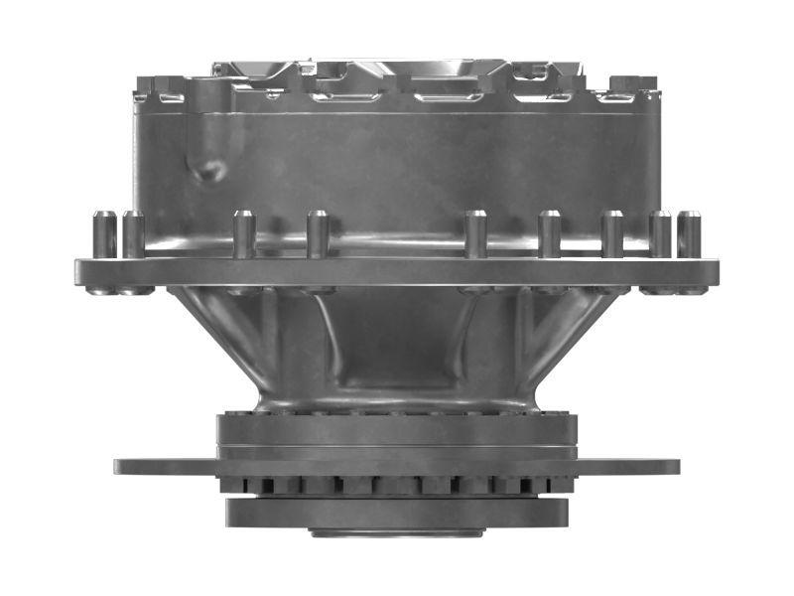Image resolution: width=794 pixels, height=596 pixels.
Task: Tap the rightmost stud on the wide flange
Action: (689, 235)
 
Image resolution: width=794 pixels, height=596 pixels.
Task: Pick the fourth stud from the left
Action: (318, 235)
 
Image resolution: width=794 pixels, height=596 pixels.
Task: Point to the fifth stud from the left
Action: (475, 235)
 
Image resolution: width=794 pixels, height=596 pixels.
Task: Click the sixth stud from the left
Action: (549, 235)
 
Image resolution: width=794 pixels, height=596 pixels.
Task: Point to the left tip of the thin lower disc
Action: (118, 466)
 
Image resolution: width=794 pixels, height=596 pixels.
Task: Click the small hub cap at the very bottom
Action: (397, 532)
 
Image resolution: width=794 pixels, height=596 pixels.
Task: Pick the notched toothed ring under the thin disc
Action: (397, 486)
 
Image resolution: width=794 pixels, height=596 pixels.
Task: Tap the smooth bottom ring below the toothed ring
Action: (397, 512)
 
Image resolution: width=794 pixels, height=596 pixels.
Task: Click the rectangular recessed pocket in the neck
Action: (397, 348)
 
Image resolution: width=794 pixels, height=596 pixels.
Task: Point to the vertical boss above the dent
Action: (207, 109)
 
